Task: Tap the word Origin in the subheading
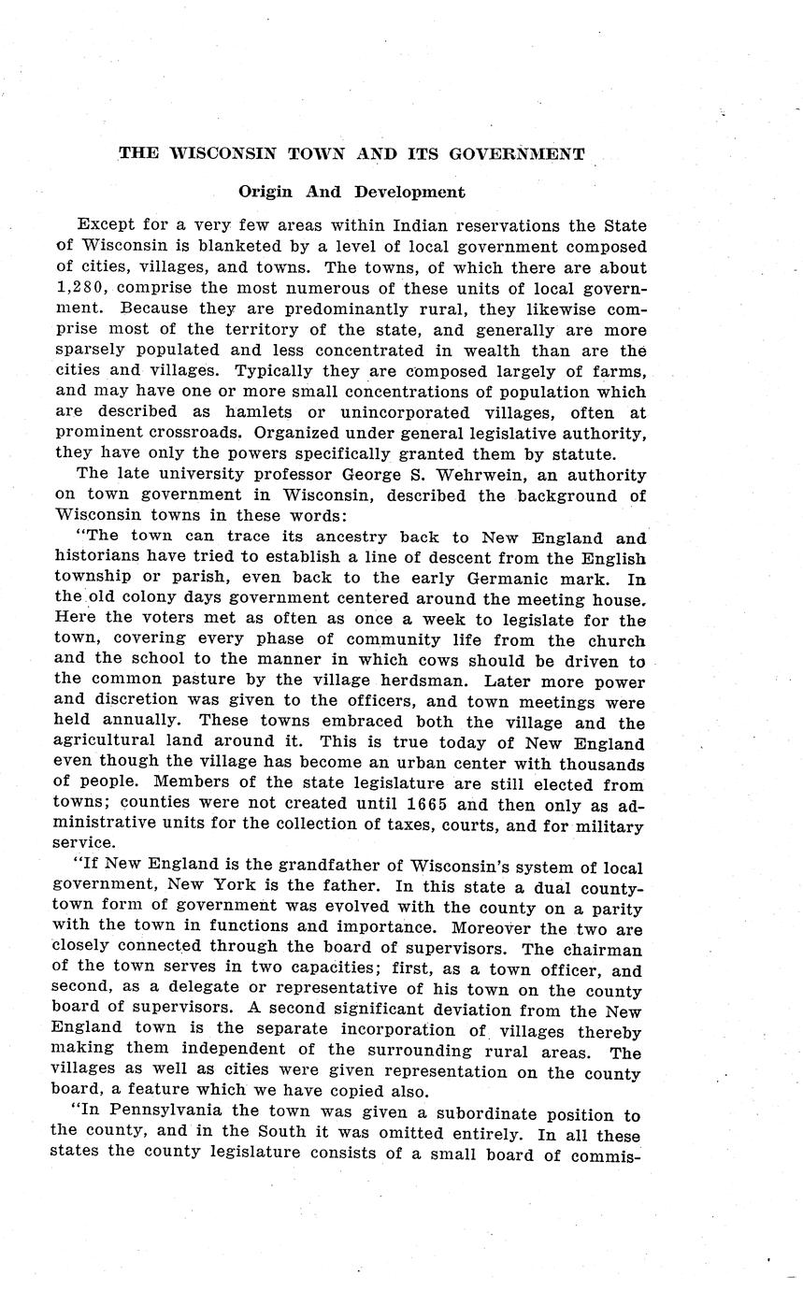pos(265,192)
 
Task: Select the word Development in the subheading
pos(409,192)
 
